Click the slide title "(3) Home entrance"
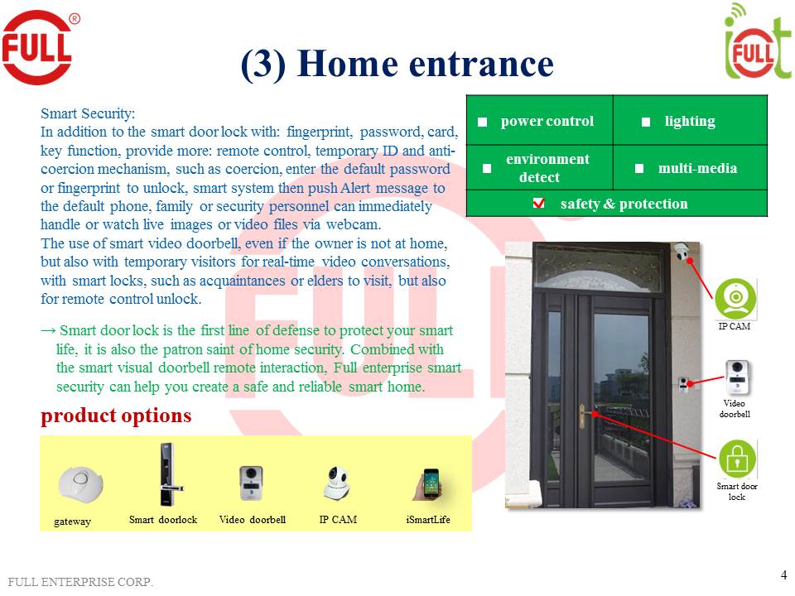click(397, 64)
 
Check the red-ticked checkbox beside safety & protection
click(538, 204)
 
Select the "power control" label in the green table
click(547, 121)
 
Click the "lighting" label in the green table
click(689, 121)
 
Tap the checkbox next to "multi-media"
click(639, 168)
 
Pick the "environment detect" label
click(547, 168)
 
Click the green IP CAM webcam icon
click(735, 298)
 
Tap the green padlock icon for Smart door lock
click(736, 458)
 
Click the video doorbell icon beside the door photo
click(737, 377)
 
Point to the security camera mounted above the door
click(682, 251)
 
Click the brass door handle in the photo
click(583, 411)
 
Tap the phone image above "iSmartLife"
click(429, 485)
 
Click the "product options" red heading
click(116, 416)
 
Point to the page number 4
click(783, 574)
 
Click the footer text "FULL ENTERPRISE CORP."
click(81, 582)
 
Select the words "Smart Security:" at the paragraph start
click(88, 113)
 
